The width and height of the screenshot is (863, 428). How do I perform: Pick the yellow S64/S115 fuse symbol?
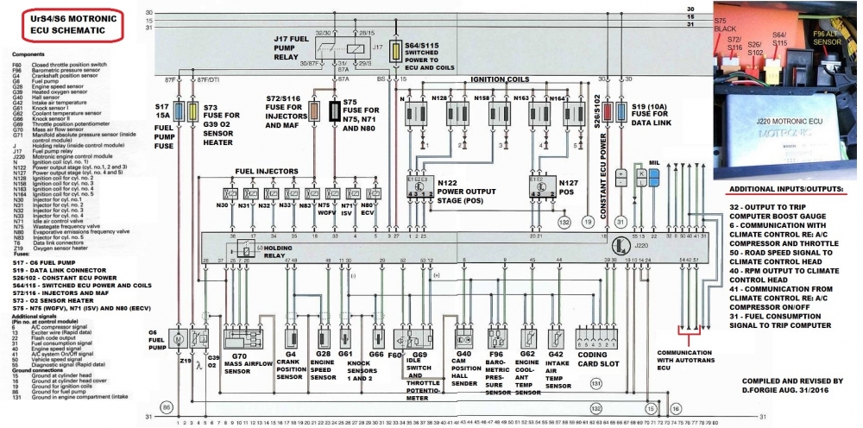coord(396,49)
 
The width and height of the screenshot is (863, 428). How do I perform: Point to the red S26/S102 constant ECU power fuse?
coord(609,111)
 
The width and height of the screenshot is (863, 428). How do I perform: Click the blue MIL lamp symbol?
coord(653,177)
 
